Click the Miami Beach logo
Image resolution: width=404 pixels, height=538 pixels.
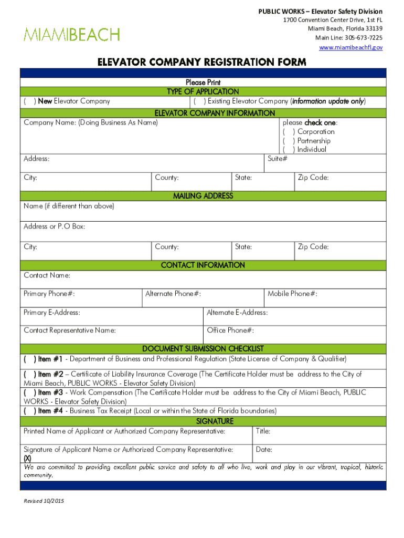click(x=72, y=35)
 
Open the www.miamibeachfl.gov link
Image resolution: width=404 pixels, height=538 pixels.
click(x=351, y=47)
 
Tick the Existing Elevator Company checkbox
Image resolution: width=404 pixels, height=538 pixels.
click(x=199, y=101)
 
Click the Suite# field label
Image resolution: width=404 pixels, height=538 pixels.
click(x=277, y=159)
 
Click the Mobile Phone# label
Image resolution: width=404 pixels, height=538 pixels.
click(x=292, y=294)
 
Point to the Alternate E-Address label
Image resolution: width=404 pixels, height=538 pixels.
click(x=237, y=313)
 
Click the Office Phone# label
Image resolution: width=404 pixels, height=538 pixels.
click(x=230, y=330)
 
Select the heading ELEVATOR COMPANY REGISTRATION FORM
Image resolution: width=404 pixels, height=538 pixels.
click(x=201, y=63)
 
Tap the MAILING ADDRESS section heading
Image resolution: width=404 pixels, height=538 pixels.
click(x=203, y=196)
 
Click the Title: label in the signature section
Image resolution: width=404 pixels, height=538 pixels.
click(x=263, y=432)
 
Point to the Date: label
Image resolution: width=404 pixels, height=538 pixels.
click(x=264, y=450)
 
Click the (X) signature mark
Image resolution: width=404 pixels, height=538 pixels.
click(x=27, y=458)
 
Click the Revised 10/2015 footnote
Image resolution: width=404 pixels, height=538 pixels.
click(x=44, y=501)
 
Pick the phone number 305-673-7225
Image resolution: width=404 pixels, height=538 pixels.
click(x=362, y=38)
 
